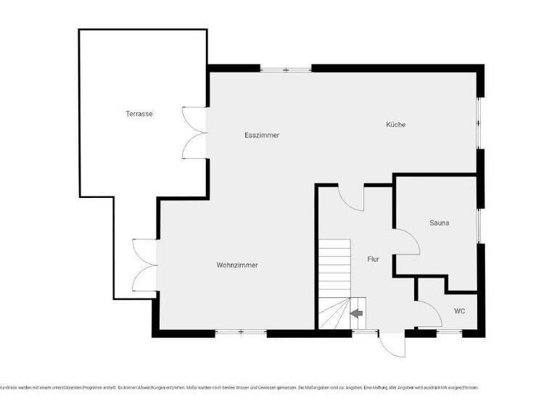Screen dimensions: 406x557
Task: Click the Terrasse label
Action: point(139,114)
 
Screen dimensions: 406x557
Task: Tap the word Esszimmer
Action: point(262,136)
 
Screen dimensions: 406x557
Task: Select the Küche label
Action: point(395,125)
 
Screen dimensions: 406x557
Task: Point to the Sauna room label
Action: point(439,223)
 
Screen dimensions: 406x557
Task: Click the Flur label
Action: point(374,259)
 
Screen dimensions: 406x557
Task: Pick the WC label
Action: point(459,311)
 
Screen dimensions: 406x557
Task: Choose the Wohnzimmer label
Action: point(237,265)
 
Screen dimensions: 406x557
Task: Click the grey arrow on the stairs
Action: point(356,313)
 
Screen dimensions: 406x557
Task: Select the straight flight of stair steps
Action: point(334,268)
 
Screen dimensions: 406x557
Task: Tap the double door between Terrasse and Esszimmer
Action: point(194,132)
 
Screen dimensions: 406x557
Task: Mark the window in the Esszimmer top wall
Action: point(286,70)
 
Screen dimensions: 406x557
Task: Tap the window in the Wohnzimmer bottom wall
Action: point(241,333)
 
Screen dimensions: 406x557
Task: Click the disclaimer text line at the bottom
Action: point(239,388)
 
